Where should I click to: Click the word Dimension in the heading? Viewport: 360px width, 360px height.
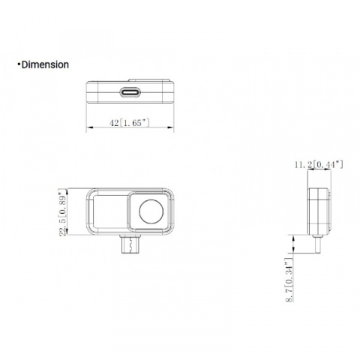click(46, 64)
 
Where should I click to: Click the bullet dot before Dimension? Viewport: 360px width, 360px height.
click(19, 64)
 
